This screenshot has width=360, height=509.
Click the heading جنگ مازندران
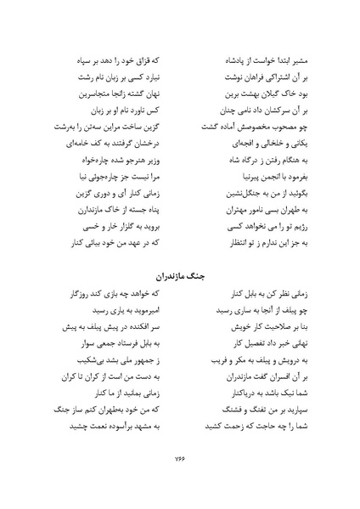point(179,276)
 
